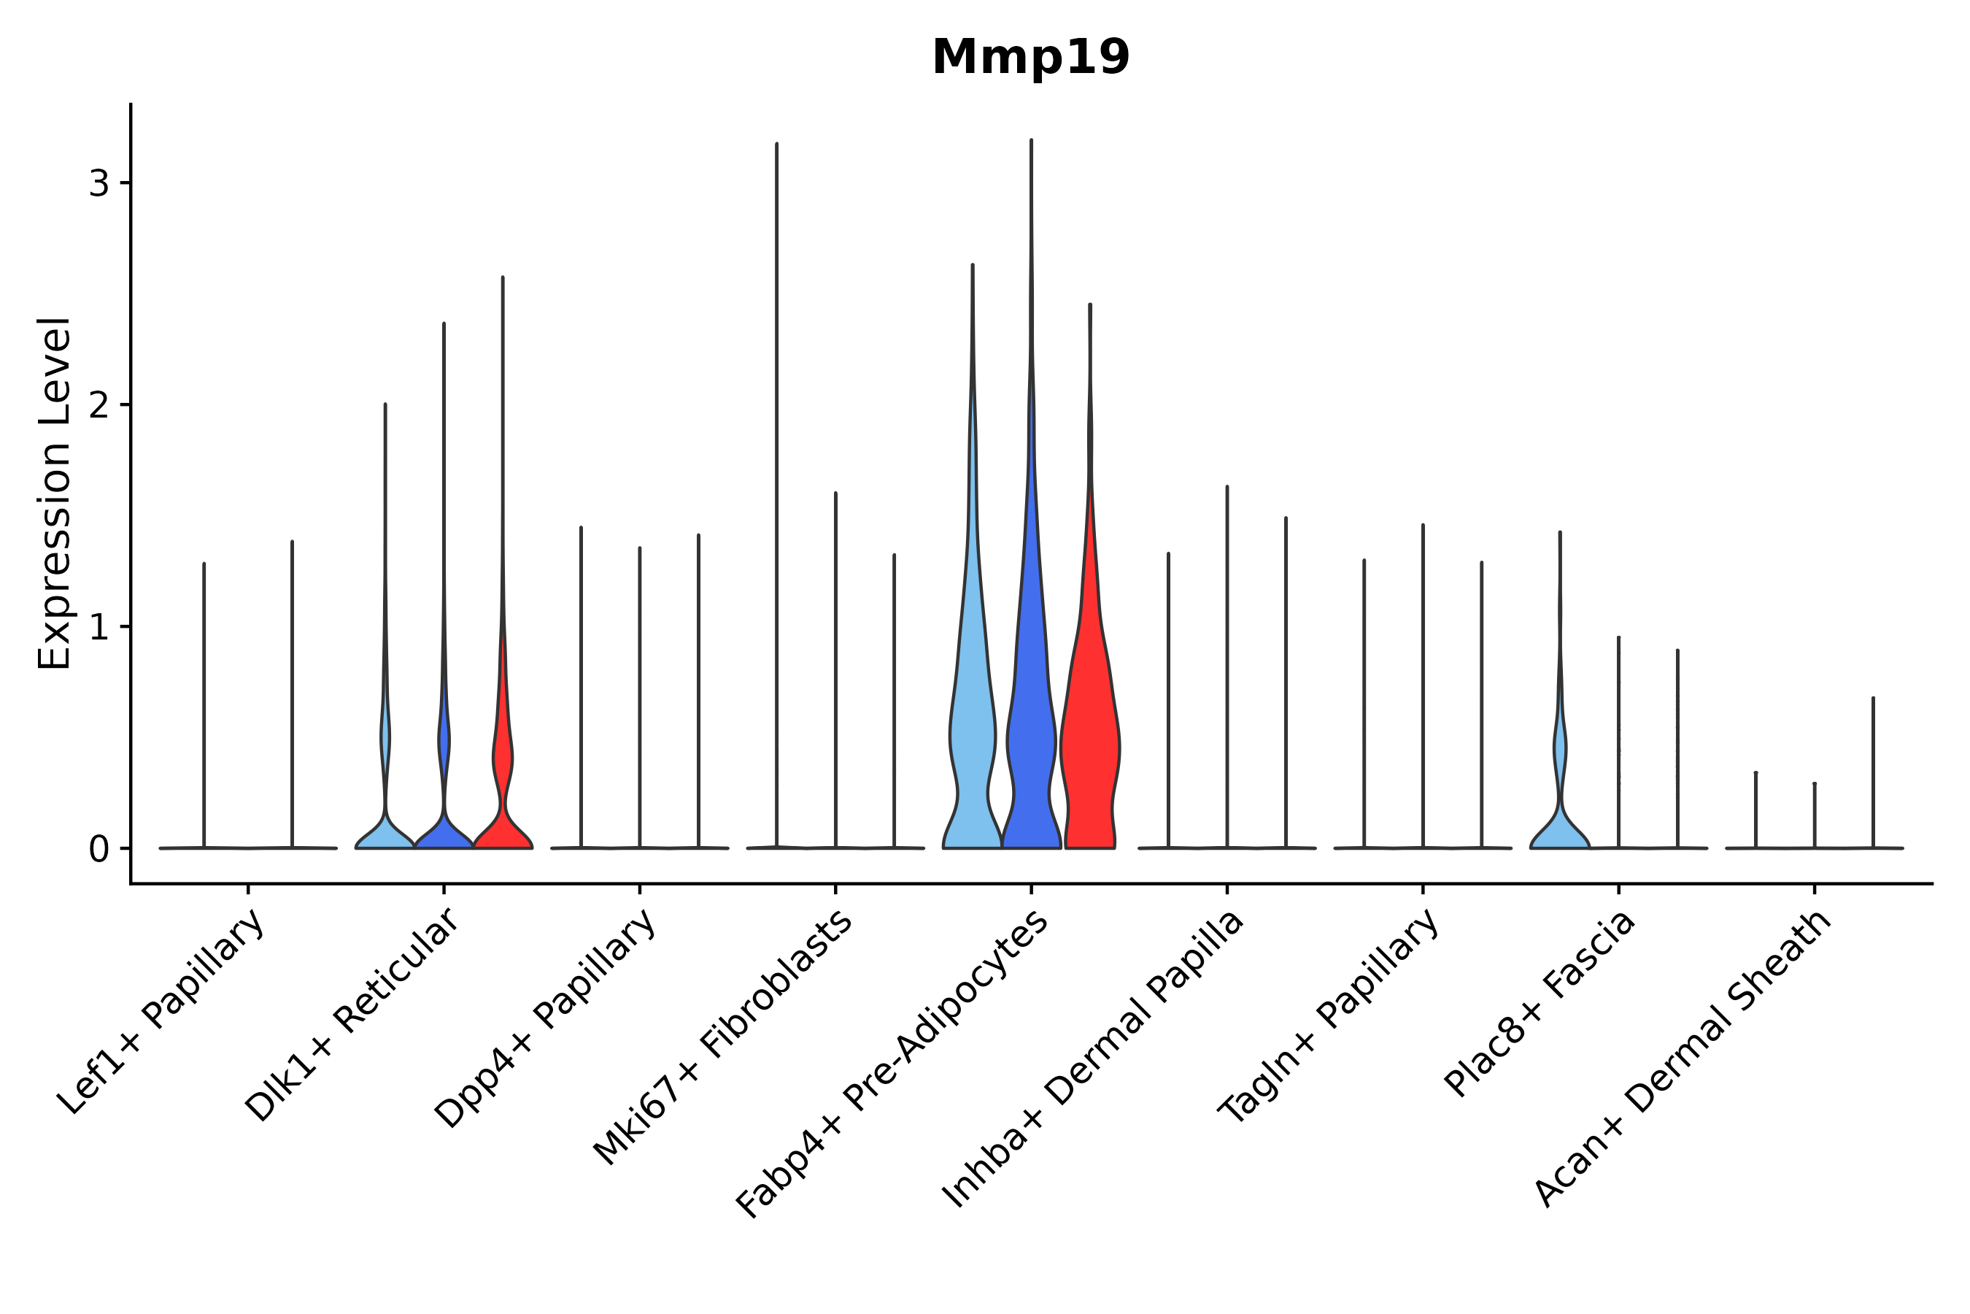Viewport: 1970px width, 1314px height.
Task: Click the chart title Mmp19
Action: tap(1030, 57)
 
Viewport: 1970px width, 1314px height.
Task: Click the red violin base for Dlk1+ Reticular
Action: tap(503, 834)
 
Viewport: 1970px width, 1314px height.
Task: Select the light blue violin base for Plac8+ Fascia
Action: tap(1560, 834)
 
